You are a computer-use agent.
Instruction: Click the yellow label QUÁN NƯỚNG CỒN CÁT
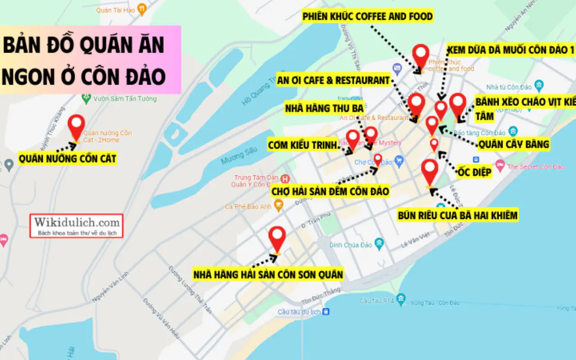click(x=67, y=158)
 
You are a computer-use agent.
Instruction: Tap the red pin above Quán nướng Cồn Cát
click(x=76, y=126)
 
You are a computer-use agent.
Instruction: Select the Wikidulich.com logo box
click(x=77, y=225)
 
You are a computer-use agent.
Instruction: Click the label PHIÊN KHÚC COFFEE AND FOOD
click(x=368, y=17)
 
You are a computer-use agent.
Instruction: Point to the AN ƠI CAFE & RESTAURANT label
click(x=333, y=81)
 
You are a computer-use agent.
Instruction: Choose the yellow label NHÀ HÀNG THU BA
click(x=324, y=108)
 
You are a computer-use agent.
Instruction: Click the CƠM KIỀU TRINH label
click(x=302, y=145)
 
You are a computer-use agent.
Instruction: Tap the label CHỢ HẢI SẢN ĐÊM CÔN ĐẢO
click(x=330, y=192)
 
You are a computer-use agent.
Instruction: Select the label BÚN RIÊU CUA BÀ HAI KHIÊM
click(x=458, y=216)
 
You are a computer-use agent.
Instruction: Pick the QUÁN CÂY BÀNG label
click(x=513, y=144)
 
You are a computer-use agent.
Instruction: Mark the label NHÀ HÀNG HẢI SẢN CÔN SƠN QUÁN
click(x=269, y=274)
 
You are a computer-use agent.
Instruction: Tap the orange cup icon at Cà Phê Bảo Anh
click(x=279, y=207)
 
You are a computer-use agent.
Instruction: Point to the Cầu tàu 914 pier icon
click(x=401, y=299)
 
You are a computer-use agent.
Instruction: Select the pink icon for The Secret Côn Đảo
click(x=499, y=166)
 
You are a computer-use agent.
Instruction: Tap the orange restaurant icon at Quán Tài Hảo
click(x=142, y=8)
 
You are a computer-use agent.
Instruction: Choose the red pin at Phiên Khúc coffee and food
click(x=421, y=56)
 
